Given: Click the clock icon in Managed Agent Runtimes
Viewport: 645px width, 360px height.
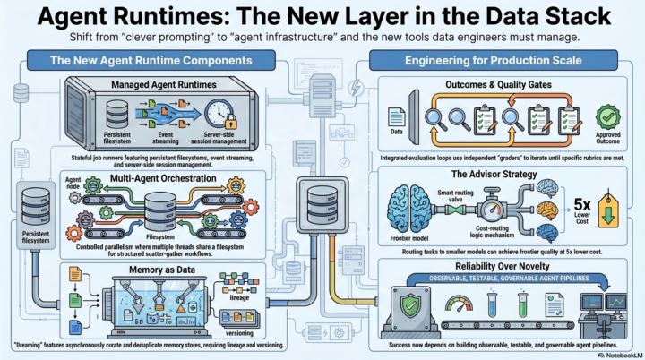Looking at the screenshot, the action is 219,114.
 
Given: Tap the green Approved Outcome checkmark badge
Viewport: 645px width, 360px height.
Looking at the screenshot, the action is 608,117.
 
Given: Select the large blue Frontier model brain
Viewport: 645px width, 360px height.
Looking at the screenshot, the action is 409,209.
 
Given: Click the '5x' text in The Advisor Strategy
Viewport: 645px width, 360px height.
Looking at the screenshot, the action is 582,204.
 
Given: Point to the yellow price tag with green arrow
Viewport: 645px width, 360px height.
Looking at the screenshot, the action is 608,210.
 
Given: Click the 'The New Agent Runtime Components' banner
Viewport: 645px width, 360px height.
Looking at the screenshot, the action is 151,61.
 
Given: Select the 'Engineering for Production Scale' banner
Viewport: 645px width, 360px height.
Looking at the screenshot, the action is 494,61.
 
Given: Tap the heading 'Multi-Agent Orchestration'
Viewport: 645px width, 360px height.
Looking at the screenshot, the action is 163,178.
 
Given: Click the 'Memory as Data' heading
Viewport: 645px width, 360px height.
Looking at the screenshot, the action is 162,270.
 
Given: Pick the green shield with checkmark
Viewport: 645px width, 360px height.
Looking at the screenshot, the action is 410,305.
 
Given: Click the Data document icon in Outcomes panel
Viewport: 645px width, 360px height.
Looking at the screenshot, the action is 396,117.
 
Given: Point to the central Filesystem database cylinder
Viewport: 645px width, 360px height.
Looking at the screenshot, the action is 160,211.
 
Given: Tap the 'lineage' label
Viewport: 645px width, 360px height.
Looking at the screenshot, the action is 239,297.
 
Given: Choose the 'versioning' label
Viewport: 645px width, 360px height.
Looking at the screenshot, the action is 239,333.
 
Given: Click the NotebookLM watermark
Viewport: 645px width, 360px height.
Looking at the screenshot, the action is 620,355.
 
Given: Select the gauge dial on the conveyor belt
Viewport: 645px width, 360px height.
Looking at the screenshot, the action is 459,304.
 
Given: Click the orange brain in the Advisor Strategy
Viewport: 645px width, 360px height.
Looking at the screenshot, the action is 547,210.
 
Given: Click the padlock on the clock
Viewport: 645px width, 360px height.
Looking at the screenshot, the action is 231,122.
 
